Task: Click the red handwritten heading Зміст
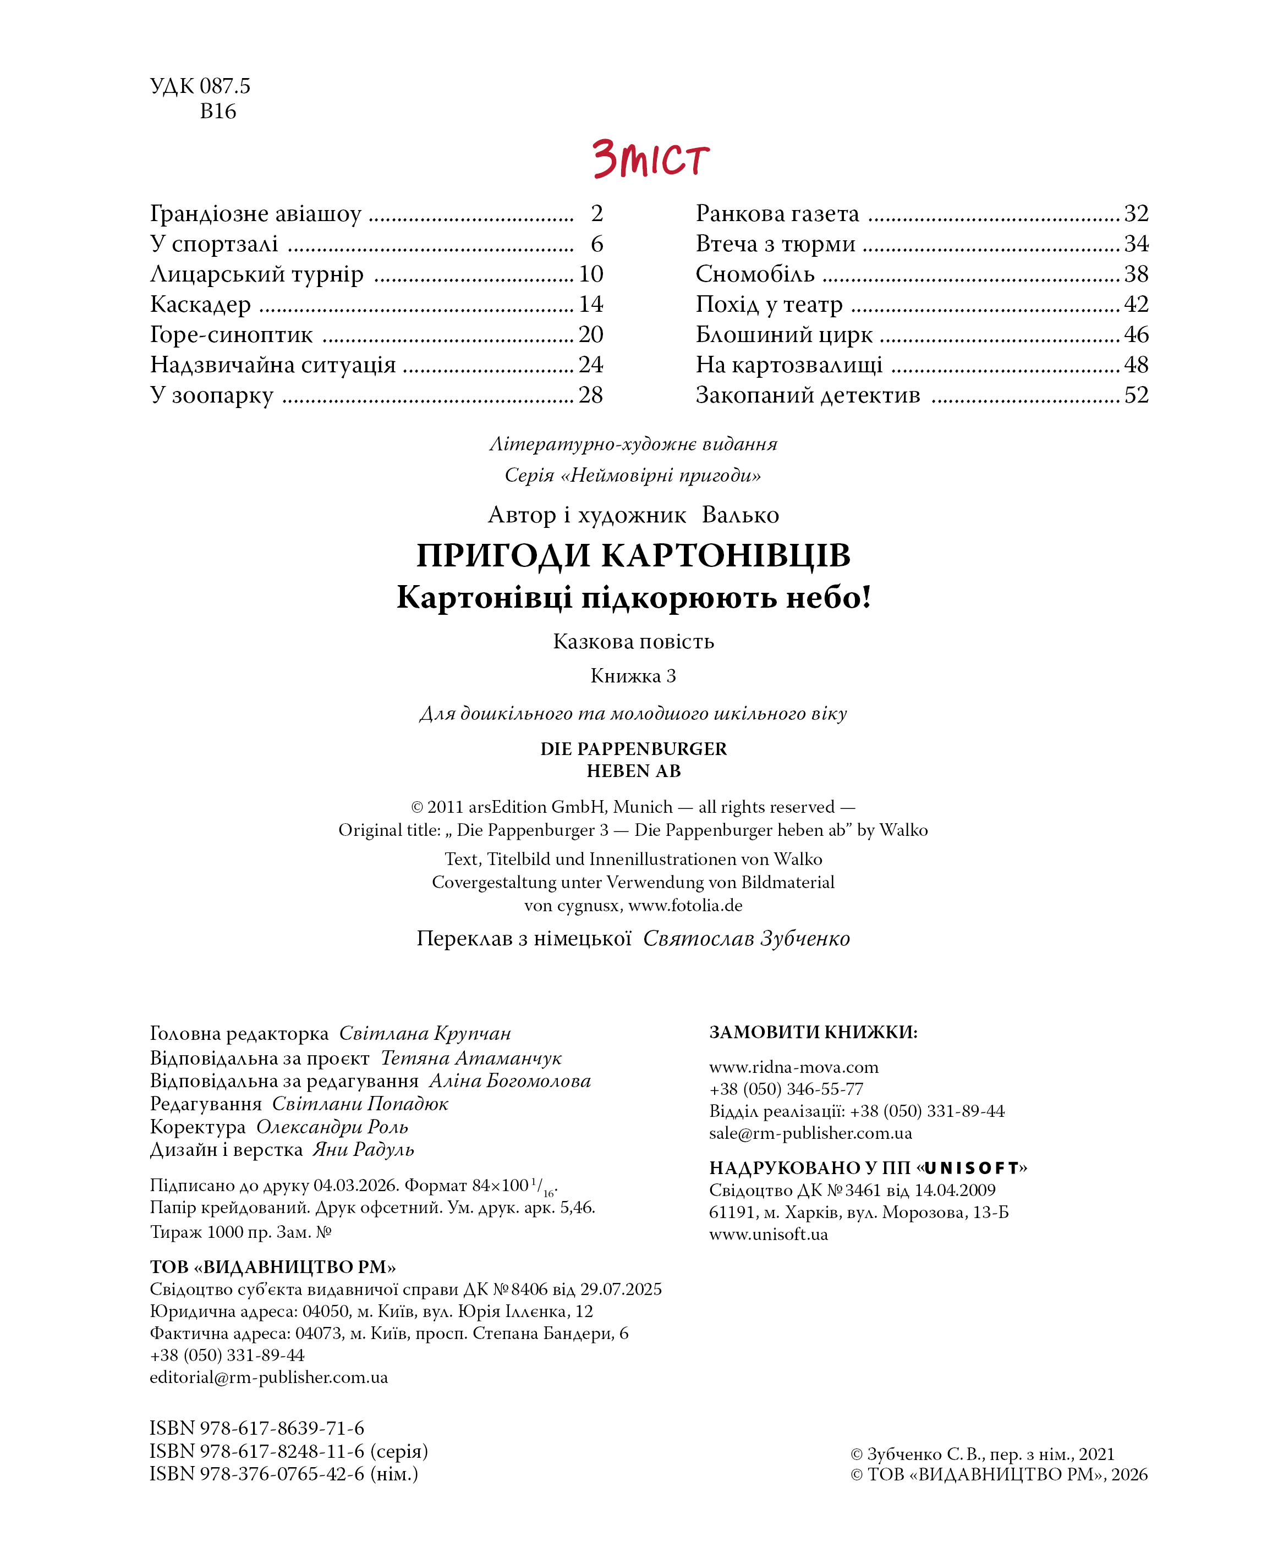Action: (x=650, y=159)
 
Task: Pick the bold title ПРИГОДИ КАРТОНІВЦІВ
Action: (x=633, y=555)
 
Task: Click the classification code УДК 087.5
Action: (x=199, y=86)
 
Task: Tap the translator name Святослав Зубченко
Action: (x=746, y=939)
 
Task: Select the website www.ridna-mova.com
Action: (x=793, y=1067)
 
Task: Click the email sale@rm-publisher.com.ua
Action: (x=810, y=1133)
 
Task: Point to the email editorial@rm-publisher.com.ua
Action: (x=268, y=1378)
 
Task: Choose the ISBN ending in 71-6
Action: (x=256, y=1429)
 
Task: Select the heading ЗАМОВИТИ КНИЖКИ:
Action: (x=813, y=1032)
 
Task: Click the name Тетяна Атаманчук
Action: (x=471, y=1058)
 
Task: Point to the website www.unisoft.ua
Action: (x=768, y=1235)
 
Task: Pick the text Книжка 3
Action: (x=633, y=676)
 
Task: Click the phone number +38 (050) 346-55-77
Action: (x=786, y=1089)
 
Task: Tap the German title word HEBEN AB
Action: (x=633, y=771)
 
